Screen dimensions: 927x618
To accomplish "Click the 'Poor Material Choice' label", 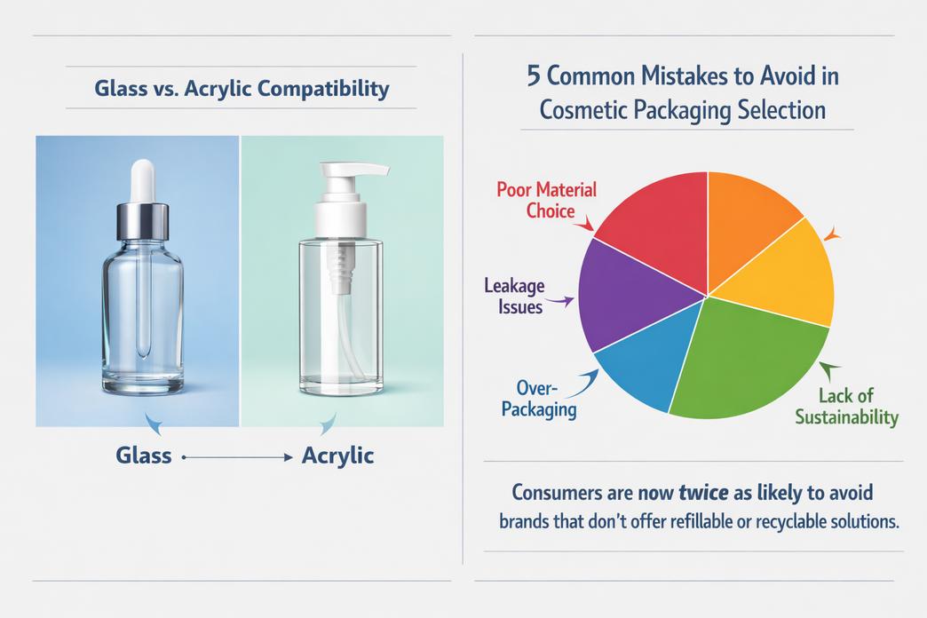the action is click(x=547, y=200).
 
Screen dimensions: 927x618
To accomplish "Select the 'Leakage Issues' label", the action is click(x=514, y=296).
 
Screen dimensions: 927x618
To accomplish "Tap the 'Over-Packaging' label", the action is click(x=539, y=399).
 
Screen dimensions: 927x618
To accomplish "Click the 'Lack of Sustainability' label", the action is click(x=846, y=406).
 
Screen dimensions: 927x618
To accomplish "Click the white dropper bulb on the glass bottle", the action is click(x=142, y=180).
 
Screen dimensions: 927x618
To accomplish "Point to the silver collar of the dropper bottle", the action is click(x=142, y=221).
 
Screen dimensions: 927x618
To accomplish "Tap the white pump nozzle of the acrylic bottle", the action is click(x=354, y=170).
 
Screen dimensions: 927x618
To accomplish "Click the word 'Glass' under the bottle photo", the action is click(x=144, y=456).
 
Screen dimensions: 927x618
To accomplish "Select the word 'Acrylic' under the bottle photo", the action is click(x=337, y=456).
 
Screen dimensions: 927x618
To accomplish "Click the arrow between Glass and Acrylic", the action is click(x=237, y=457).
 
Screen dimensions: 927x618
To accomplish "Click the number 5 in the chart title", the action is click(x=534, y=76).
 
